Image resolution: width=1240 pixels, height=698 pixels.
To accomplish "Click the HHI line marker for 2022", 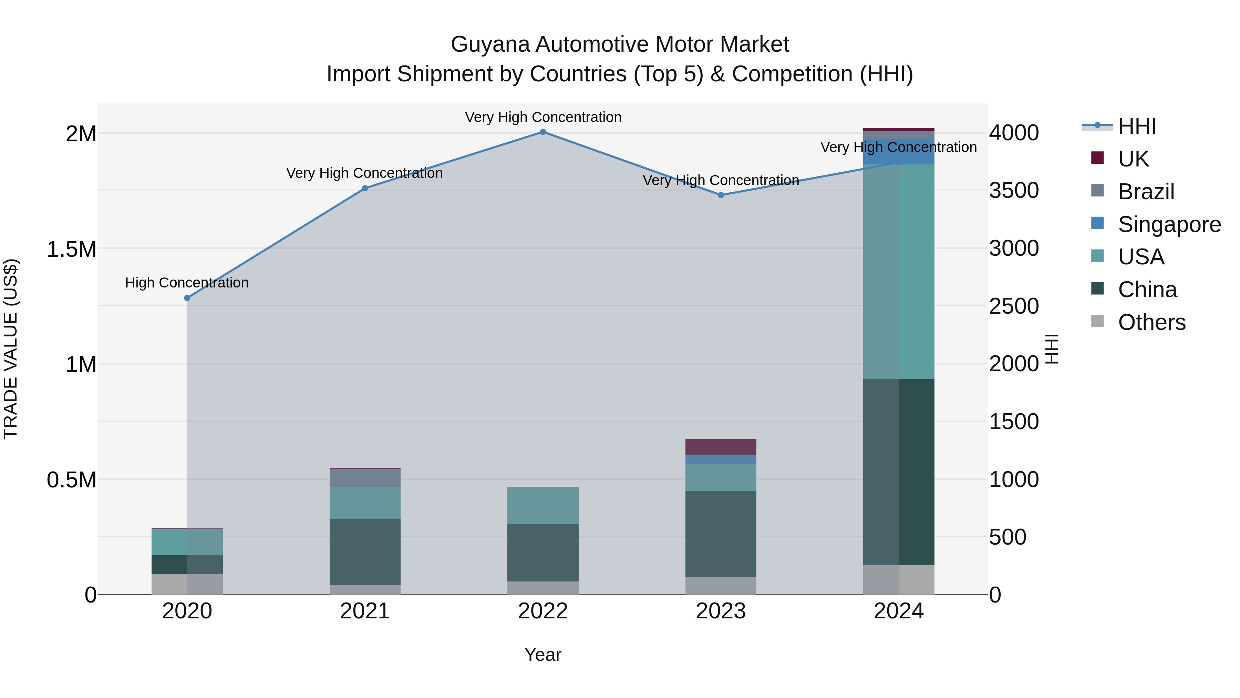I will coord(542,132).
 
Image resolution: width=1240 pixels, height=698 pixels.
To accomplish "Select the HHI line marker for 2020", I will coord(187,298).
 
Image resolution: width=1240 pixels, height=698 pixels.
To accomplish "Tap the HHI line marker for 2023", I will coord(721,195).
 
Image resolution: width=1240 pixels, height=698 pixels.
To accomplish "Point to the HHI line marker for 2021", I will coord(365,188).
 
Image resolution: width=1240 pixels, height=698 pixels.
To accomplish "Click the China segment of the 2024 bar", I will coord(898,472).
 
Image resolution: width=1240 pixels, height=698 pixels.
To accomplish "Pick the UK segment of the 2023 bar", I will coord(721,447).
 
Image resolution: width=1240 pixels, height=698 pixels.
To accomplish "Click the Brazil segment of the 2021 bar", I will coord(365,478).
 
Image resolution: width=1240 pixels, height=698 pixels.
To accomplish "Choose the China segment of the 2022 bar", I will coord(542,553).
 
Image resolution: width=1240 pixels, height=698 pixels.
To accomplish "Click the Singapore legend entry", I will coord(1169,224).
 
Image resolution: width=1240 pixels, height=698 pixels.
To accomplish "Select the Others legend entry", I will coord(1151,322).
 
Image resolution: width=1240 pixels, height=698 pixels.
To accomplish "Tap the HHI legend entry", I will coord(1137,126).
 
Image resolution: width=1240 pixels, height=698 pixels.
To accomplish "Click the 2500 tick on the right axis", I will coord(1014,306).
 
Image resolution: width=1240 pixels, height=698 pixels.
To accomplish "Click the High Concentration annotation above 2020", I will coord(187,283).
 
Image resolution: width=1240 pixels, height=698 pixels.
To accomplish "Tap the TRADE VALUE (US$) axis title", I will coord(11,349).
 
